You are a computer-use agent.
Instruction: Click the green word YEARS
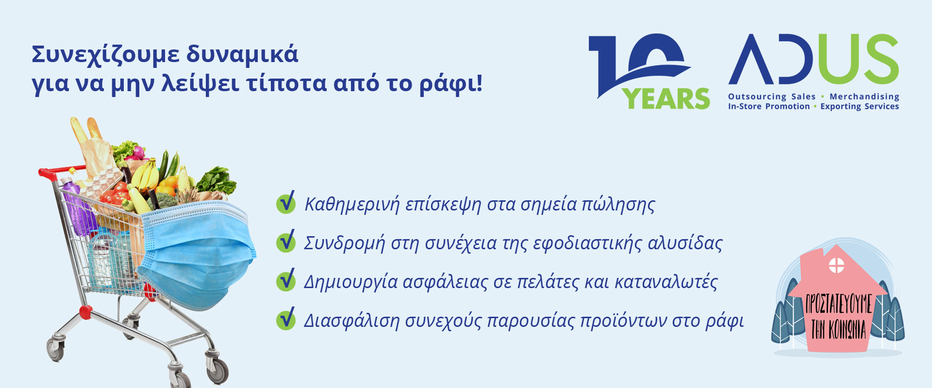tap(667, 99)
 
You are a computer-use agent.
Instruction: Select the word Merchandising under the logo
tap(865, 97)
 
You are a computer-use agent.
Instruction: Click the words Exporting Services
tap(860, 106)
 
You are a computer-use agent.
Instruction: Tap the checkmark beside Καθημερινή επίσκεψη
tap(286, 203)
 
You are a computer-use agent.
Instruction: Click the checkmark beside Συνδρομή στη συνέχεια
tap(286, 242)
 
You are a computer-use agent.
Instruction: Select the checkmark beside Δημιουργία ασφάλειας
tap(286, 280)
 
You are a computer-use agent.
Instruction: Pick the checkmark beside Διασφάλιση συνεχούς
tap(286, 319)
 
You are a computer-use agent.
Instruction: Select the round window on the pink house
tap(836, 265)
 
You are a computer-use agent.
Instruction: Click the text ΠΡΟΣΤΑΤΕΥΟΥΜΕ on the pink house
tap(839, 305)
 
